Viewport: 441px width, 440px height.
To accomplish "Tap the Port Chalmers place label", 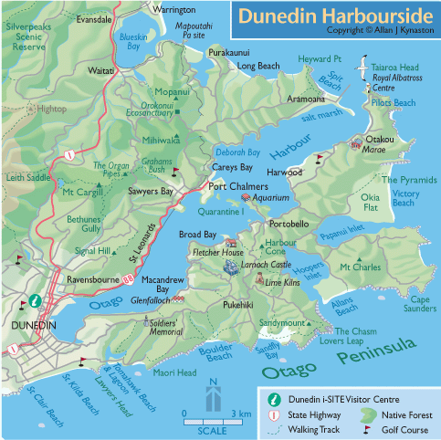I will click(236, 187).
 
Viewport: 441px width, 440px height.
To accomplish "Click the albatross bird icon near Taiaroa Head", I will click(364, 68).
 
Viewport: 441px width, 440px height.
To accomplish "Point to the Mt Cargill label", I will click(81, 193).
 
